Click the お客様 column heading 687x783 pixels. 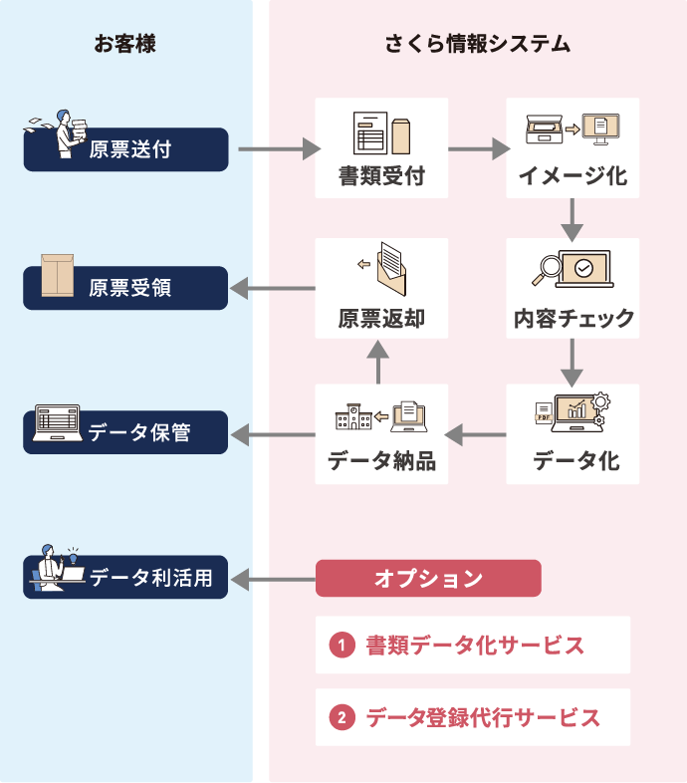[x=125, y=44]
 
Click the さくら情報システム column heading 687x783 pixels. [x=477, y=44]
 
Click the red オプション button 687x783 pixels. [x=428, y=578]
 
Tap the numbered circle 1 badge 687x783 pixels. [x=341, y=646]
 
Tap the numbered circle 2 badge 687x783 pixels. [x=341, y=717]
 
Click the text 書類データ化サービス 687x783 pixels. [x=474, y=646]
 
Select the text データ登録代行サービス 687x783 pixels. [x=483, y=717]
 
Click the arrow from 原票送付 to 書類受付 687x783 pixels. [x=279, y=150]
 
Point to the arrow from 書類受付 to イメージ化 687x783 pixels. [x=479, y=150]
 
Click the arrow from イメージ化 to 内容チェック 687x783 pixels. [x=572, y=218]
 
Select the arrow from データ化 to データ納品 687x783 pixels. [x=476, y=433]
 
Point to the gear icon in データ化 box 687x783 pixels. [x=599, y=401]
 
